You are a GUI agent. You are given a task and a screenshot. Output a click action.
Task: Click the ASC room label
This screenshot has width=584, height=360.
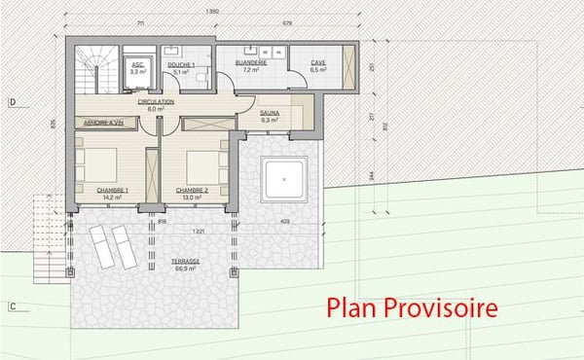click(x=137, y=64)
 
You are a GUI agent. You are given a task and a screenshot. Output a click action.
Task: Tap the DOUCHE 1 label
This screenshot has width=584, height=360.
click(x=181, y=64)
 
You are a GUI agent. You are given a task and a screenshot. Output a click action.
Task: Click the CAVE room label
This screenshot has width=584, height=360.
click(x=317, y=64)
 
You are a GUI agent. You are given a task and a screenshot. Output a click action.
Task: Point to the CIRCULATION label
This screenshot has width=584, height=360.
click(x=156, y=101)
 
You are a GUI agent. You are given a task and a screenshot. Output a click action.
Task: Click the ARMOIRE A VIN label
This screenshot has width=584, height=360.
click(x=103, y=123)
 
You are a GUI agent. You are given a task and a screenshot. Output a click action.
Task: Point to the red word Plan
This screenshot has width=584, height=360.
click(x=353, y=309)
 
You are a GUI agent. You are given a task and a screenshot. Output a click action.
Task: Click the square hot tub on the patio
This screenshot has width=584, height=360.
click(x=285, y=177)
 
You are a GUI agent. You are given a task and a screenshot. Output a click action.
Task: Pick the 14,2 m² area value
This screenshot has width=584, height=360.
click(x=111, y=198)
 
